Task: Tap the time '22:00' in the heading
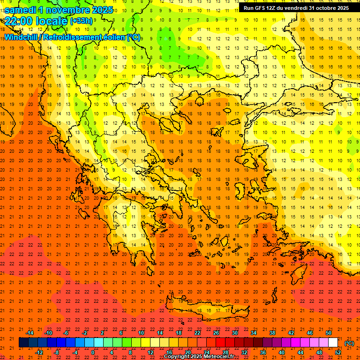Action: (x=20, y=21)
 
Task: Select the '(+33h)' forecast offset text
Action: (x=81, y=21)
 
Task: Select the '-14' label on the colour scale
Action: (x=29, y=333)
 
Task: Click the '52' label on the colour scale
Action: (x=338, y=352)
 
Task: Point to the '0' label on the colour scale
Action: (x=93, y=352)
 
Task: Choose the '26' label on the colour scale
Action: (x=216, y=333)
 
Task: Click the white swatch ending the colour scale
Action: (x=333, y=343)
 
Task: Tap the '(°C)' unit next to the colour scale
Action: (x=349, y=343)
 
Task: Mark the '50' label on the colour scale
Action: (x=329, y=333)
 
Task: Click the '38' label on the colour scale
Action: (x=272, y=333)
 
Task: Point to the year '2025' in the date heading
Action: (x=101, y=10)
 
